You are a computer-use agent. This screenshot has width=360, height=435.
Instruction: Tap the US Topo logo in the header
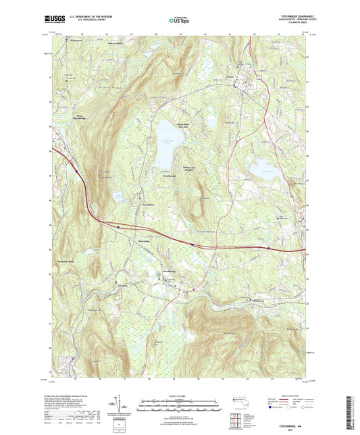[x=179, y=20]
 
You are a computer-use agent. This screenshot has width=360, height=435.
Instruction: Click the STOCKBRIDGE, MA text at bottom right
[x=287, y=426]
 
